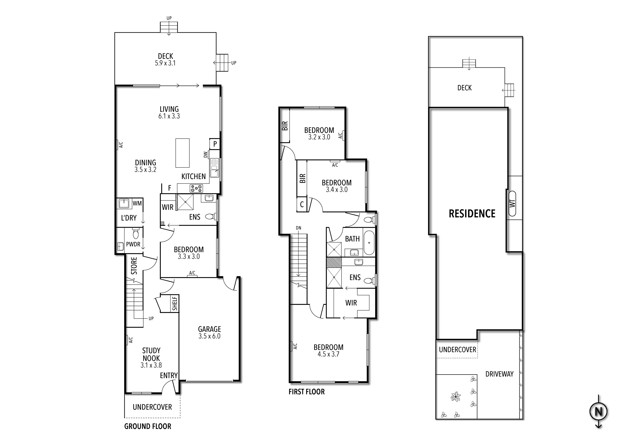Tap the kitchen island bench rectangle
tap(182, 153)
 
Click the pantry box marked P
tap(215, 144)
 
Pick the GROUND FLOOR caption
tap(148, 426)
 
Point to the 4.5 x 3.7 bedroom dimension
tap(328, 354)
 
